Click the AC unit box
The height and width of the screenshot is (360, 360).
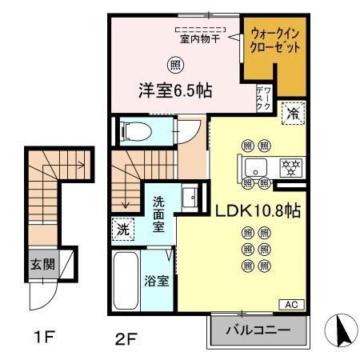click(294, 304)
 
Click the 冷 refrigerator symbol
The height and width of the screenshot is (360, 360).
click(294, 114)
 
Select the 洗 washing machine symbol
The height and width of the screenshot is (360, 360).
click(123, 229)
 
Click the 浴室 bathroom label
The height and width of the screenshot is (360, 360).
click(155, 281)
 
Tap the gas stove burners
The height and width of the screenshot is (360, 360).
click(290, 167)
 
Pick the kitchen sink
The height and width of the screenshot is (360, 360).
click(256, 167)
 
